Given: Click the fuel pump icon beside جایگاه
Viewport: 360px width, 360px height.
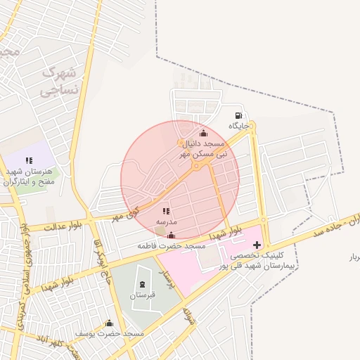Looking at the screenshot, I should pos(239,115).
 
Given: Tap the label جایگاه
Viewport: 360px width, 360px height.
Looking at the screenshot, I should pos(239,126).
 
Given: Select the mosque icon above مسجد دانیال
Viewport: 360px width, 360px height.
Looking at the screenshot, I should pos(204,133).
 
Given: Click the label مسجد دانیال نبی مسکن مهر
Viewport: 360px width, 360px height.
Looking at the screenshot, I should pos(203,148).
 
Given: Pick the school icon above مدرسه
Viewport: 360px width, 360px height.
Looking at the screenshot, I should pos(166,211).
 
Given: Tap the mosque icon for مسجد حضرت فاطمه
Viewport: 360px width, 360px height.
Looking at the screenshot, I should pos(172,236).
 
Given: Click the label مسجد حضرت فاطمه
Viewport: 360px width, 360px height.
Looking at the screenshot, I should pos(172,246).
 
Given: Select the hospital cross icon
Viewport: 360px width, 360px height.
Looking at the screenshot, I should pos(257,245).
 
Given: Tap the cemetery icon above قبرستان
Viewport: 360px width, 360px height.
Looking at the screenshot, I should pos(145,285).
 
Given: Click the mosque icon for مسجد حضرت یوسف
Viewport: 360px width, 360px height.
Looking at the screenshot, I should pos(109,323).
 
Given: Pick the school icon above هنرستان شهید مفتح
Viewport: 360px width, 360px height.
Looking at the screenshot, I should pos(29,160).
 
